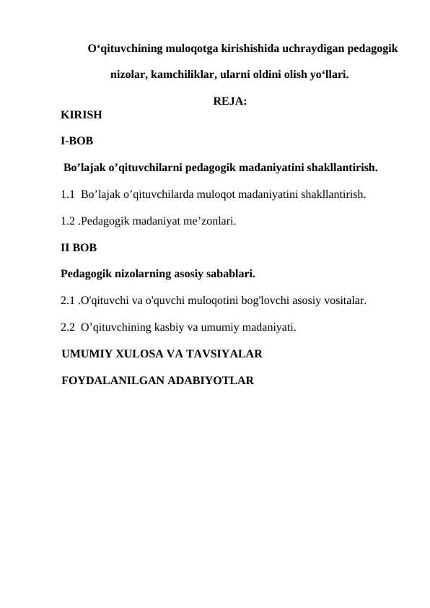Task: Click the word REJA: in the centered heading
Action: click(231, 102)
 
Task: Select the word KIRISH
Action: click(82, 114)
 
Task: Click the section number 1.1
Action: click(69, 194)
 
